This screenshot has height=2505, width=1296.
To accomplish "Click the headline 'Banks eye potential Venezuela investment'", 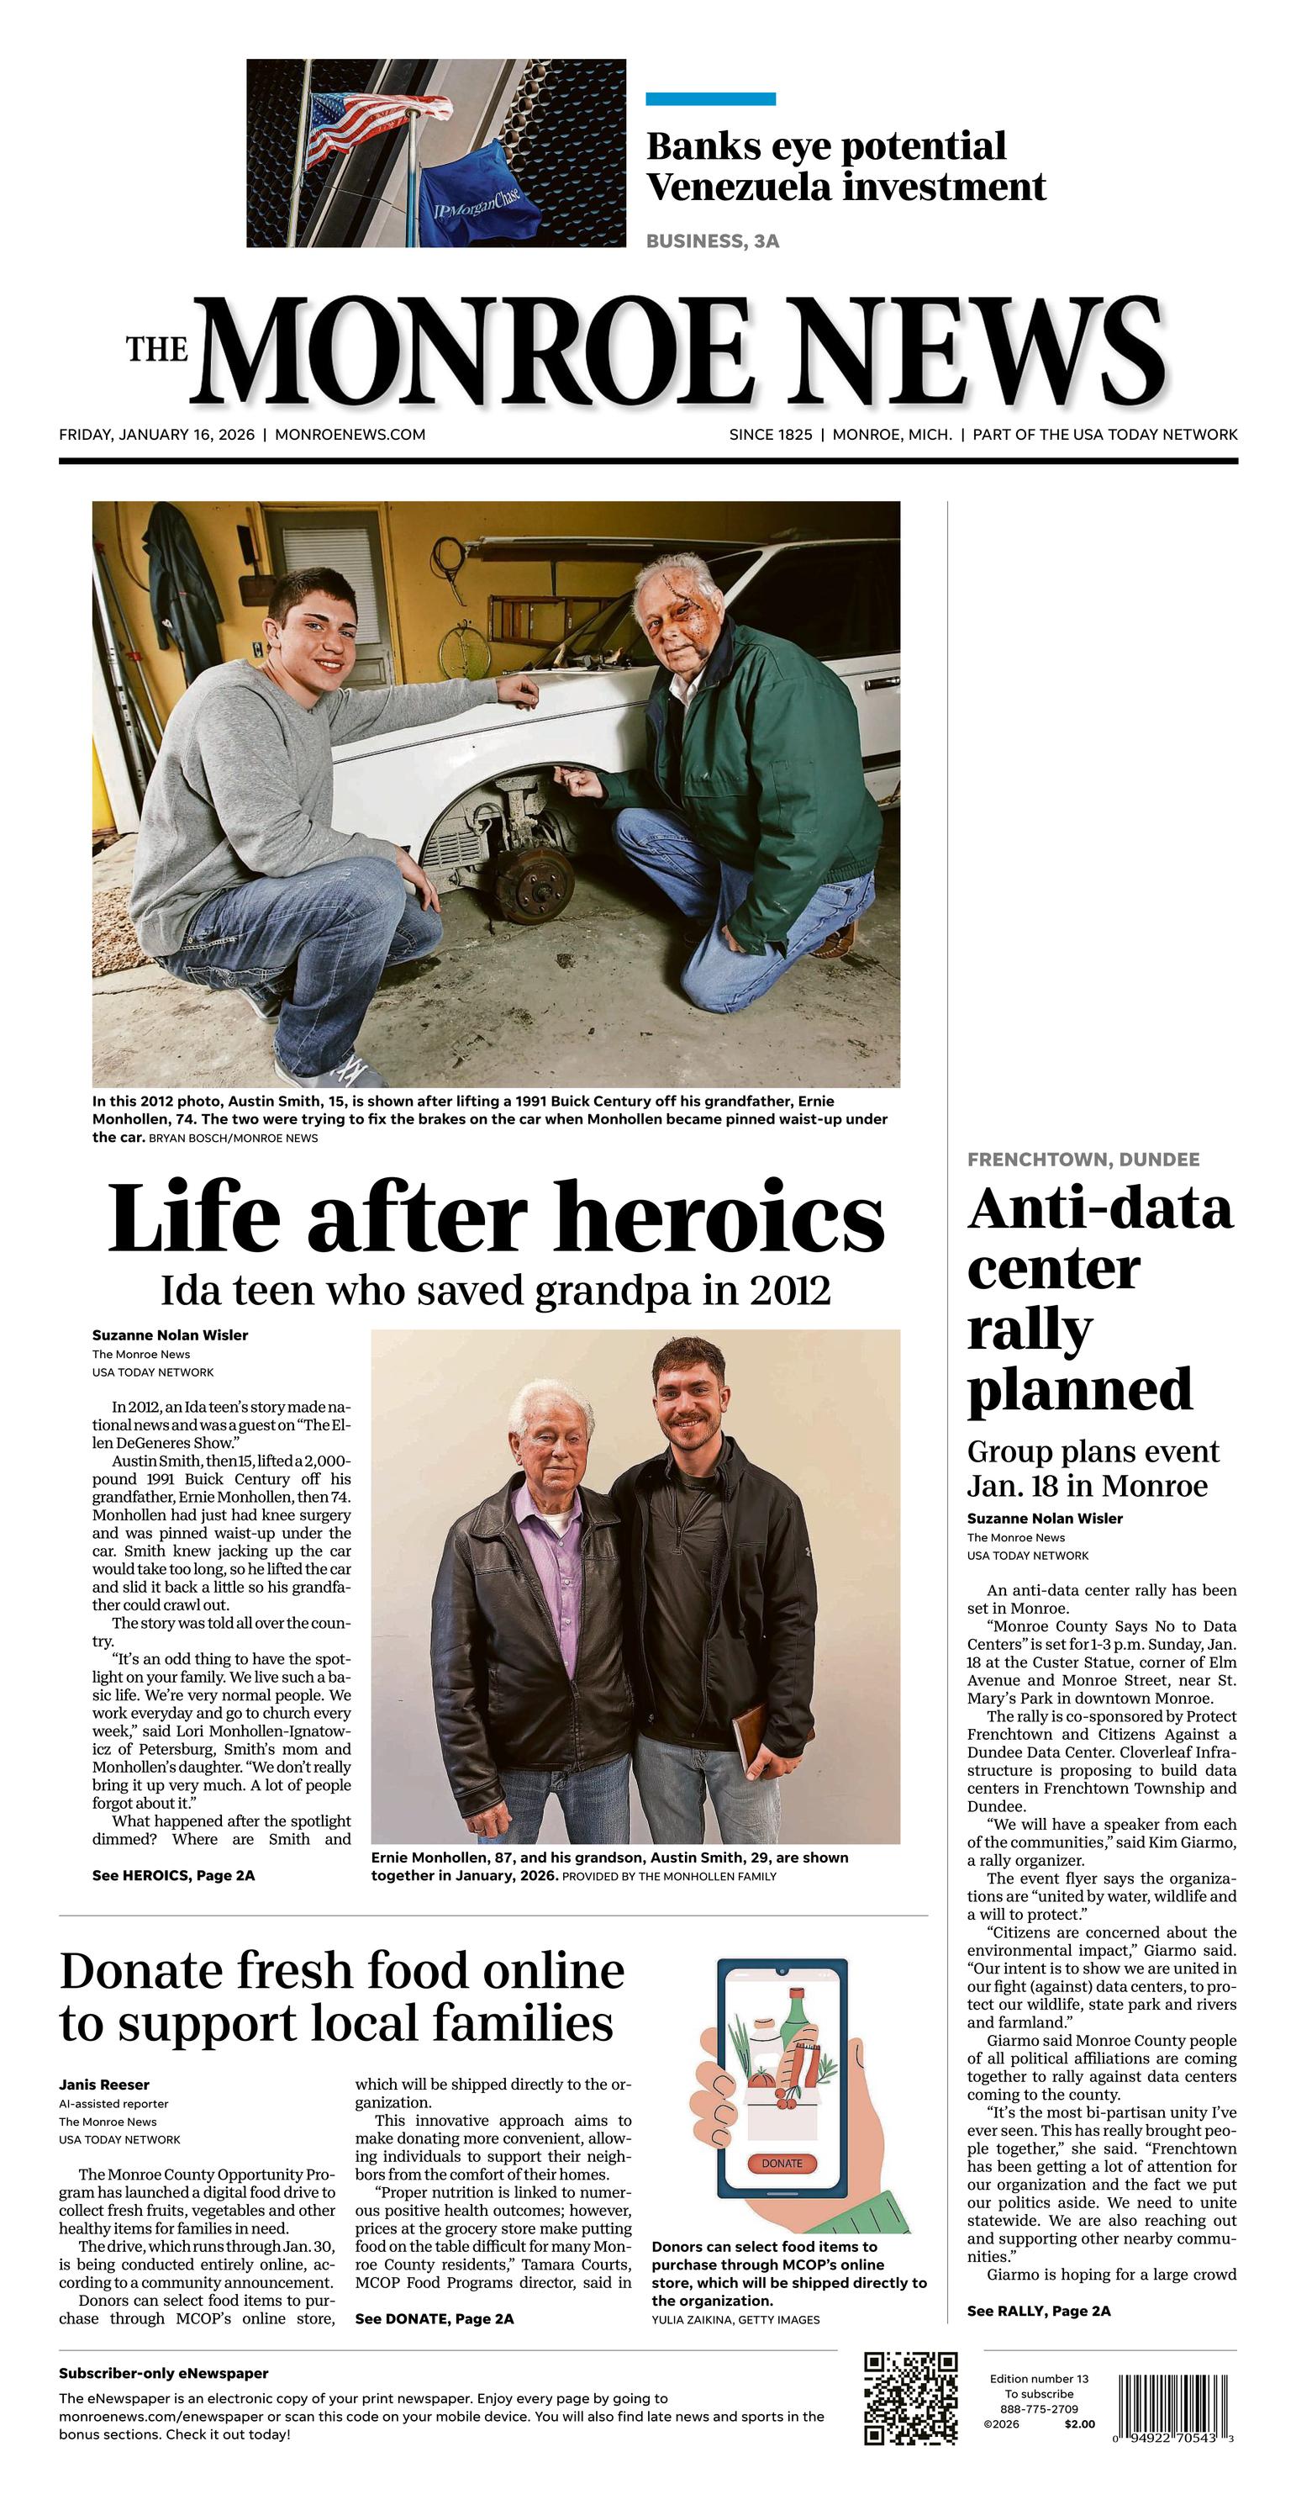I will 845,166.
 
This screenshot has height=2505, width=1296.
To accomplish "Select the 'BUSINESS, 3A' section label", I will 713,241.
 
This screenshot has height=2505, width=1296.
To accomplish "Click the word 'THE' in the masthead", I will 156,350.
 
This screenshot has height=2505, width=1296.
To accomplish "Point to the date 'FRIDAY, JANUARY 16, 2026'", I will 156,435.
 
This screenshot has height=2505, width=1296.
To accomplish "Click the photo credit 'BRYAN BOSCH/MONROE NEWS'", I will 234,1138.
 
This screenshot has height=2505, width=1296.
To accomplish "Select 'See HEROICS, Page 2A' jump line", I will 173,1875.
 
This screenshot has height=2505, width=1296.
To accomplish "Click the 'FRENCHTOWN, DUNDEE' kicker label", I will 1083,1159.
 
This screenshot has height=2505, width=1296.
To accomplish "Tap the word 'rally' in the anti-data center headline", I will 1030,1330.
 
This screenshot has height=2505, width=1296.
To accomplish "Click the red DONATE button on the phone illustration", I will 782,2163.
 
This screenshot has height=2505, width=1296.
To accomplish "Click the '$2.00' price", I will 1079,2423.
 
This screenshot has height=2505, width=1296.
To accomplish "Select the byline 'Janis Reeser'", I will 104,2084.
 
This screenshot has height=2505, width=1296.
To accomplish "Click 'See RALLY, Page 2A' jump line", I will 1038,2311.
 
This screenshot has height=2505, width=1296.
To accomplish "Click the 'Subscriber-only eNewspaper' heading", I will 163,2374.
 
